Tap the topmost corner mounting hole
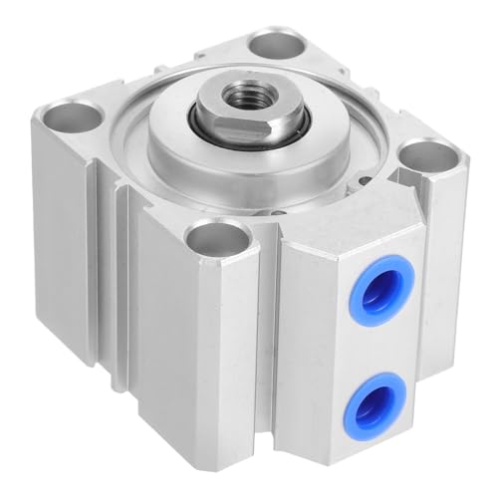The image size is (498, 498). click(270, 44)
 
